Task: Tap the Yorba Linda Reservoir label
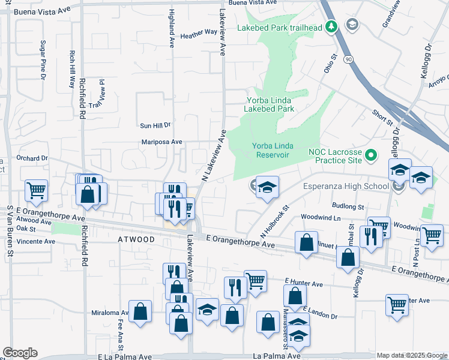(x=271, y=150)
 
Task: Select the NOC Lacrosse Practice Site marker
(x=371, y=156)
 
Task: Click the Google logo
(x=20, y=353)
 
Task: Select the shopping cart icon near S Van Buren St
(x=36, y=191)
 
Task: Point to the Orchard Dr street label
(x=32, y=158)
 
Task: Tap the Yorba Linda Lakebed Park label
(x=269, y=104)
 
